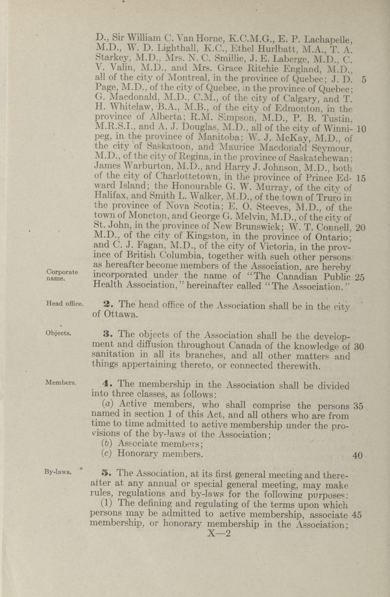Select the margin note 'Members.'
(x=61, y=383)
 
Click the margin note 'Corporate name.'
(x=62, y=275)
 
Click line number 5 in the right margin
(x=364, y=80)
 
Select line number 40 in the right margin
(x=358, y=455)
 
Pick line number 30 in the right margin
(x=359, y=347)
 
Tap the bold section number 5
(x=105, y=473)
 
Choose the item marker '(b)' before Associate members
(x=106, y=443)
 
